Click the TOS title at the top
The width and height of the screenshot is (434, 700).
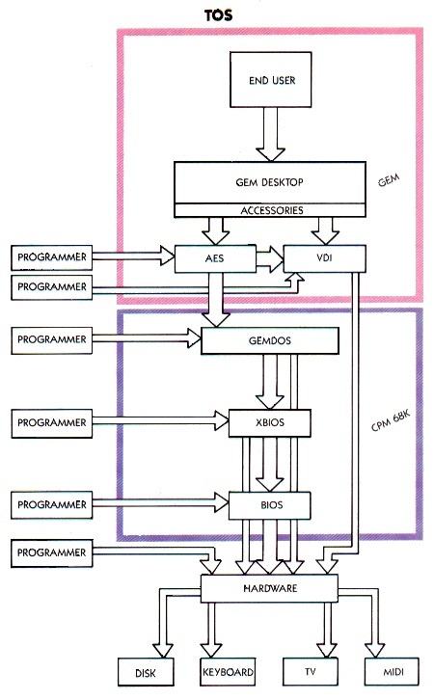[218, 15]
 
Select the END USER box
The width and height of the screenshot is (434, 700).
[271, 79]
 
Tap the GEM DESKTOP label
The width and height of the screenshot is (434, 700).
[269, 182]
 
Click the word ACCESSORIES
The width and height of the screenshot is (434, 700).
[272, 210]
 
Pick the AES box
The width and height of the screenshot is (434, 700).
[215, 258]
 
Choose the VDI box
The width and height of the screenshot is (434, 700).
[325, 258]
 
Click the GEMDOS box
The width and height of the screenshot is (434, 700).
[270, 340]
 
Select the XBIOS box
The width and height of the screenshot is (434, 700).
[270, 422]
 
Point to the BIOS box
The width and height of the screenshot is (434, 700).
[270, 505]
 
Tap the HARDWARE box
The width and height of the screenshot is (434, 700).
[269, 588]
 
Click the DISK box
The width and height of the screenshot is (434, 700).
[146, 671]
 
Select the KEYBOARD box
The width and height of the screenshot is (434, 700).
[228, 671]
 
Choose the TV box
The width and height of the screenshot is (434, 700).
[311, 671]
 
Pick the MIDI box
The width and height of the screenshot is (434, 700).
[392, 671]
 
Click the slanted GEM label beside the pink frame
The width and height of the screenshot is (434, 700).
[389, 181]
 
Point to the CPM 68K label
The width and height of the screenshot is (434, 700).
[391, 421]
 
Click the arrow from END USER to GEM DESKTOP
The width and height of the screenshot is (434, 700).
[271, 134]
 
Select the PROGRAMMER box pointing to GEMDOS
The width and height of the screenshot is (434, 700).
[52, 340]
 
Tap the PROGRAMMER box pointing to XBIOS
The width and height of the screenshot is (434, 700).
[52, 422]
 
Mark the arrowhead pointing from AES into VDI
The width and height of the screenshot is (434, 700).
[277, 259]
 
